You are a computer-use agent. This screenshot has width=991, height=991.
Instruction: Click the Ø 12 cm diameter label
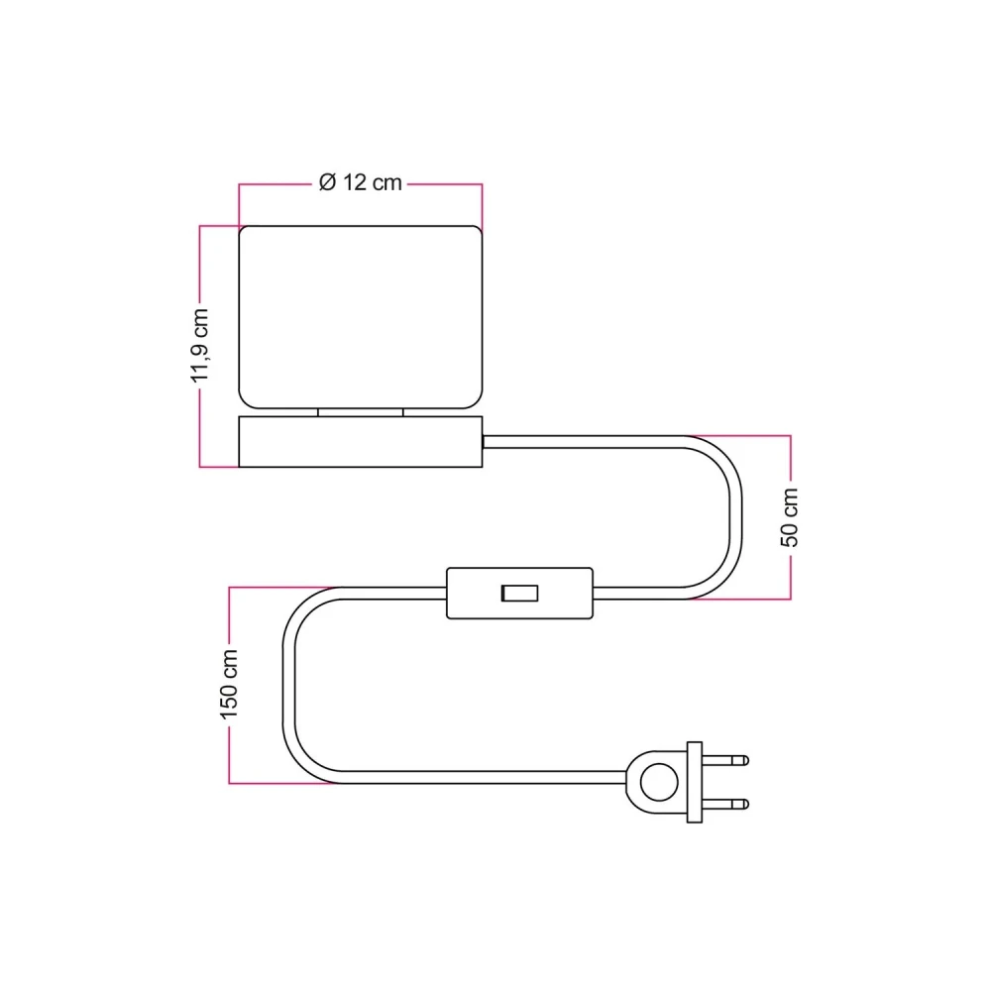pos(361,183)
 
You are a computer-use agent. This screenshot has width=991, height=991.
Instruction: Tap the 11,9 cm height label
pos(201,345)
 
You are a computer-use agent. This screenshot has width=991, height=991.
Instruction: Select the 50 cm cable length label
pos(790,516)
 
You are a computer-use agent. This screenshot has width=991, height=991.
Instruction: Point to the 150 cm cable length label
pos(230,684)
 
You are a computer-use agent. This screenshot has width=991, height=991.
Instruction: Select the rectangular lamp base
pos(361,442)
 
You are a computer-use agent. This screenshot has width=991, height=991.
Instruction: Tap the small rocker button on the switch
pos(519,594)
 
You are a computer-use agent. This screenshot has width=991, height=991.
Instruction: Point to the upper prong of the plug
pos(727,761)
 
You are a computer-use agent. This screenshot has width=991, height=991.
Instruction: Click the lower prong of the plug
pos(727,804)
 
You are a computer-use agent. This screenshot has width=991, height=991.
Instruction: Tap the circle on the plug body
pos(655,782)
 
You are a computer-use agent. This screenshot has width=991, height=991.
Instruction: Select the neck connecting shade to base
pos(361,411)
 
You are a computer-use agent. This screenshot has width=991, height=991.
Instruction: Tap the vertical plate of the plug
pos(696,782)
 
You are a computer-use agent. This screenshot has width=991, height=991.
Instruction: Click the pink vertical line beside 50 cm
pos(790,466)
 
